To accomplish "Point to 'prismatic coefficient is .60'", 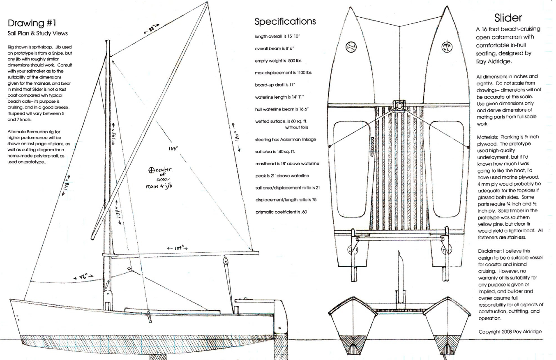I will coord(281,212).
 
